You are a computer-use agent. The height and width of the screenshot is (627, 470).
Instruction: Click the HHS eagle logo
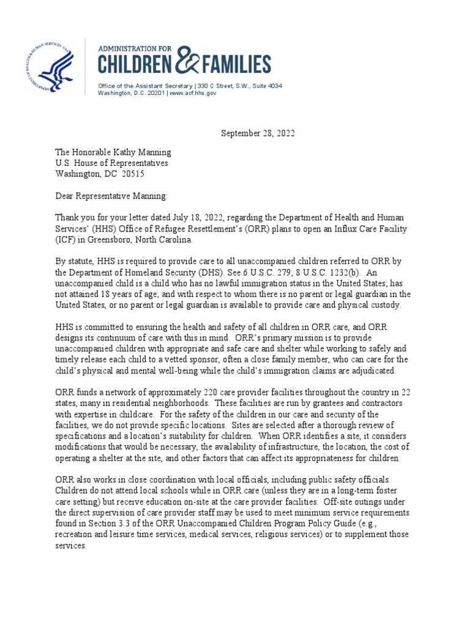pyautogui.click(x=50, y=66)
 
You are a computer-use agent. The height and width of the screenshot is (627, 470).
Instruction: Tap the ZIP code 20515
pyautogui.click(x=133, y=174)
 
